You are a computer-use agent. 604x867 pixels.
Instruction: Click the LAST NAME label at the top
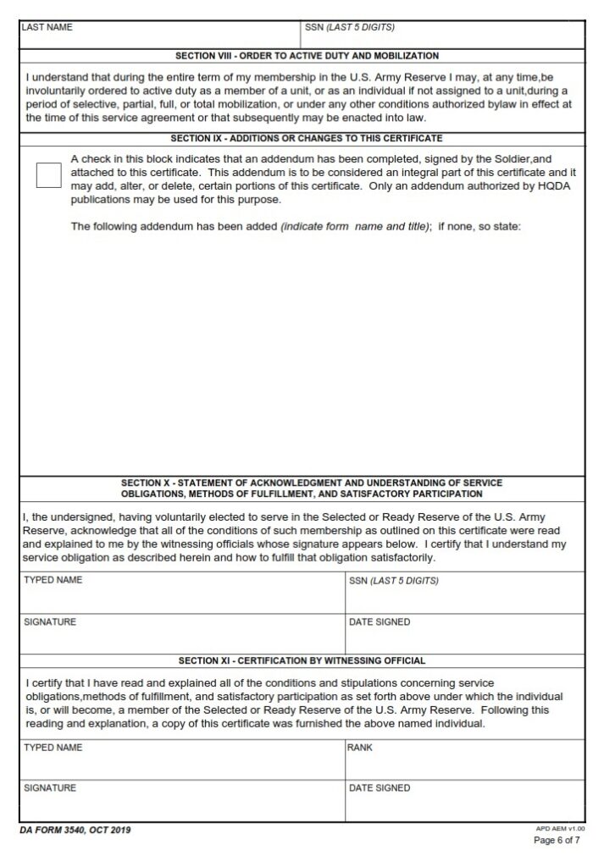[x=47, y=27]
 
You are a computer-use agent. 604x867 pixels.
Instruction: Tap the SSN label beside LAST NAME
[x=349, y=27]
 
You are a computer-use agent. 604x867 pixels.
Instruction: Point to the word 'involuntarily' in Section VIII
[x=56, y=91]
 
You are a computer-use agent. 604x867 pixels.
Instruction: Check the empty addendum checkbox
[x=49, y=175]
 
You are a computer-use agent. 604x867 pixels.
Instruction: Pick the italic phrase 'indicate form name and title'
[x=355, y=227]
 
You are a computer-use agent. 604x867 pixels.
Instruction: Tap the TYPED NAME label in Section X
[x=53, y=581]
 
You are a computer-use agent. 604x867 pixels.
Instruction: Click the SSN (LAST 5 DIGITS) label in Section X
[x=394, y=581]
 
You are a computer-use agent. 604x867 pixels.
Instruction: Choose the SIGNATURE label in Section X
[x=50, y=622]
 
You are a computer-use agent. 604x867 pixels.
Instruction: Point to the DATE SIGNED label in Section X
[x=380, y=622]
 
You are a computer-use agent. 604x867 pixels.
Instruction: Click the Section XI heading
[x=302, y=660]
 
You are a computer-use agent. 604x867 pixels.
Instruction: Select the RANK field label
[x=360, y=748]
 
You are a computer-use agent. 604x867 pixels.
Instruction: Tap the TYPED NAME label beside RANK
[x=53, y=748]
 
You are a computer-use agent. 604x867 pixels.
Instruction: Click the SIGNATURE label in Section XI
[x=50, y=788]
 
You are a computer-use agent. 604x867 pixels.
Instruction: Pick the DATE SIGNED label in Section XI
[x=380, y=788]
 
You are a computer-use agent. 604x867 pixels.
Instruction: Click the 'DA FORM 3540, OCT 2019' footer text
[x=75, y=830]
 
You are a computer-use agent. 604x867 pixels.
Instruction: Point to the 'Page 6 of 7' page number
[x=556, y=841]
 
